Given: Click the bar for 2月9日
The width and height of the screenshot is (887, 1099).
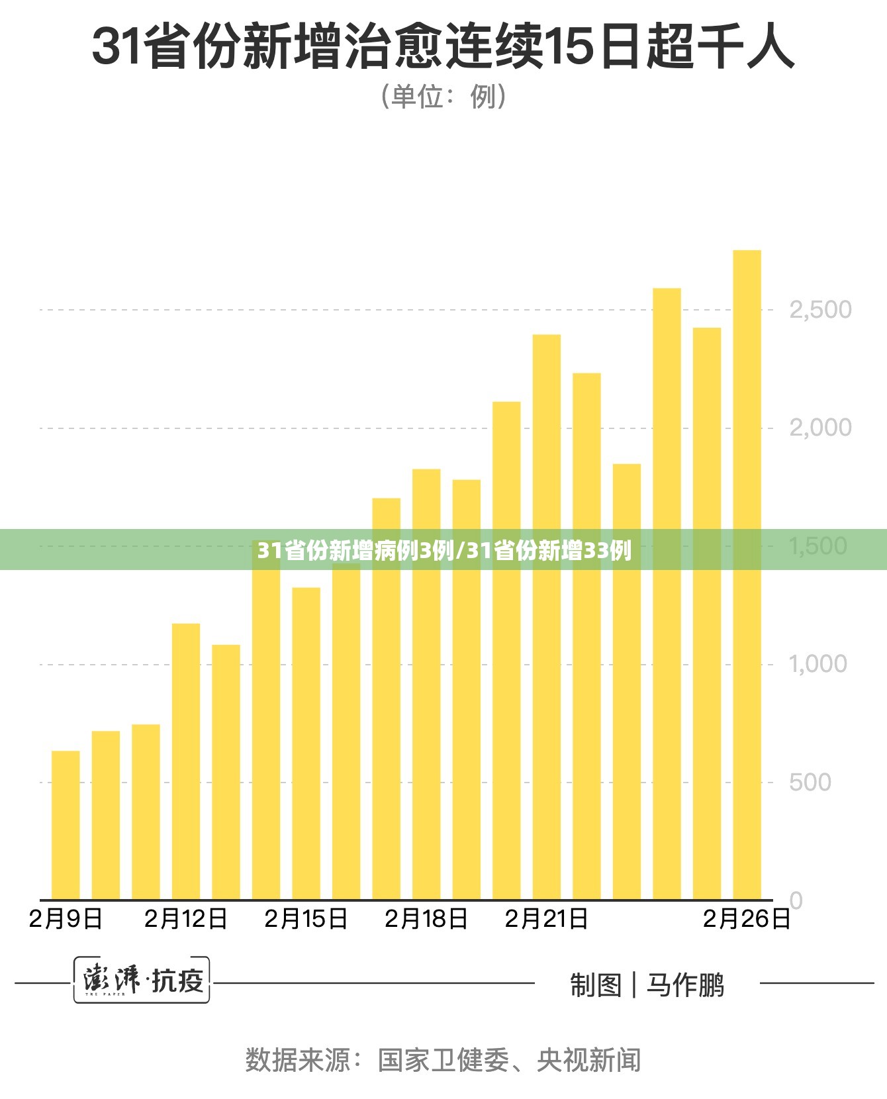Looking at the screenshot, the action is click(x=66, y=825).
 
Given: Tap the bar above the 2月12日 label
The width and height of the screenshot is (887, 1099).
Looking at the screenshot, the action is click(x=186, y=761).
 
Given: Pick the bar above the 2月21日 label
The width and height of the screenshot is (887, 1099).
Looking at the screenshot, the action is click(x=547, y=617).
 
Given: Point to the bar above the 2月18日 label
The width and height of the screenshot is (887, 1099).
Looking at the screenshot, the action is click(x=426, y=685).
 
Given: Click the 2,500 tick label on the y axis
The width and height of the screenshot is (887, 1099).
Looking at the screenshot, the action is click(x=820, y=310).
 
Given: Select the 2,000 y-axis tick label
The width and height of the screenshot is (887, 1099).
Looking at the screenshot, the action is click(x=820, y=428).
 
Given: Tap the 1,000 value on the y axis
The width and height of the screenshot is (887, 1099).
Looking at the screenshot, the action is click(x=818, y=664).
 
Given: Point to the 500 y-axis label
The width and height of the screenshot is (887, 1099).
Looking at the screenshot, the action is click(x=810, y=783).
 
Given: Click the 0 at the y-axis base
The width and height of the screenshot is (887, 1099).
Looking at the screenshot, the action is click(x=796, y=900).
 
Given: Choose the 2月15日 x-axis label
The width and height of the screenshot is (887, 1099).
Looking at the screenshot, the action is click(x=306, y=919).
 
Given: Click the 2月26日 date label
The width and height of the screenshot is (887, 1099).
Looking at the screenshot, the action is click(x=747, y=919).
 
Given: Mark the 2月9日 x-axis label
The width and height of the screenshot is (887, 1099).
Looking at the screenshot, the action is click(x=66, y=919).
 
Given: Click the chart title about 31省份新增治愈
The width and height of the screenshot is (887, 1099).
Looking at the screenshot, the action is click(x=443, y=47).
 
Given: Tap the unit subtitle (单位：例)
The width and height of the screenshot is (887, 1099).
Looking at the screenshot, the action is click(x=443, y=97).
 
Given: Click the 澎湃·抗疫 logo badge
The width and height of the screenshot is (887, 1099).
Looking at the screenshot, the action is click(x=142, y=980).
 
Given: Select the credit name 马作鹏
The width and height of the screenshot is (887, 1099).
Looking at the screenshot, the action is click(x=686, y=985).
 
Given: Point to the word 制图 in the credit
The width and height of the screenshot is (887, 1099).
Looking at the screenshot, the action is click(x=596, y=985).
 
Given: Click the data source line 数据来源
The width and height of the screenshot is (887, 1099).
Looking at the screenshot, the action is click(x=443, y=1060).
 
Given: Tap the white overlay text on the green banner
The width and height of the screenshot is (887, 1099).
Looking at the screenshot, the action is click(x=444, y=550).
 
